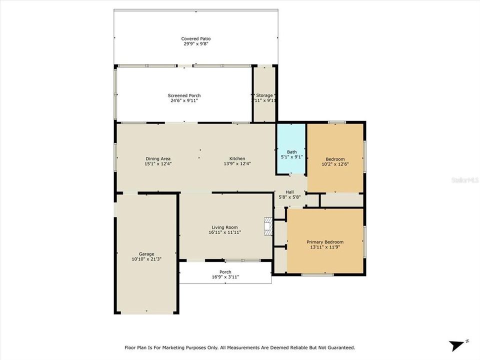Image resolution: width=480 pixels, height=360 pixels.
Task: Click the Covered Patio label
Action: [x=195, y=38]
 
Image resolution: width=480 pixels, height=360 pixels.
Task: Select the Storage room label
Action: [x=264, y=95]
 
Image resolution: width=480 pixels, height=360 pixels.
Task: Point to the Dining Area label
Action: [x=158, y=158]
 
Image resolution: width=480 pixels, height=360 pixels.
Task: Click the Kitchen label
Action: [x=237, y=158]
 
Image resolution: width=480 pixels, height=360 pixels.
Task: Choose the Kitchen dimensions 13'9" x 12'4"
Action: [x=237, y=163]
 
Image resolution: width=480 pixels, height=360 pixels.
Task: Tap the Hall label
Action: [x=289, y=191]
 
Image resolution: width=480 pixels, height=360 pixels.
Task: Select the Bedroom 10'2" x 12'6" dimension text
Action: [x=335, y=164]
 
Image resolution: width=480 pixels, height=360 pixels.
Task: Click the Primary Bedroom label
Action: [x=325, y=242]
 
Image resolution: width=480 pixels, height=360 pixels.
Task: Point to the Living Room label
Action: [x=225, y=227]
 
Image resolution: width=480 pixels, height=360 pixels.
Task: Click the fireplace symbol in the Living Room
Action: [x=269, y=226]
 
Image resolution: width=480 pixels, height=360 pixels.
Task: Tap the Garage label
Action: [x=146, y=253]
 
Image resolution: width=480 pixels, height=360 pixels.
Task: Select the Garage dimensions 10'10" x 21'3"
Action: [x=146, y=259]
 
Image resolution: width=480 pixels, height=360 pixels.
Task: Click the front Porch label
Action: [x=225, y=272]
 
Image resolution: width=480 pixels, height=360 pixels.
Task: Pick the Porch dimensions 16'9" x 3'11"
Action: [x=225, y=276]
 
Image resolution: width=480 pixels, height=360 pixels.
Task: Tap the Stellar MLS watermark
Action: [x=465, y=178]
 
